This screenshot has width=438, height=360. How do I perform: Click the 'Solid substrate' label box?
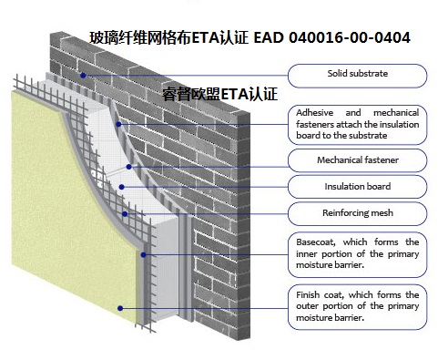click(358, 73)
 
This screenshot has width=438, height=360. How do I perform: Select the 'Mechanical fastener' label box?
click(358, 160)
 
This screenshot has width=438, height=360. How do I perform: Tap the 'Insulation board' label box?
click(358, 186)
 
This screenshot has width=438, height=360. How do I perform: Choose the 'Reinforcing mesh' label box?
click(358, 213)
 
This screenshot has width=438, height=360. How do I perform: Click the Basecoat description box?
click(358, 253)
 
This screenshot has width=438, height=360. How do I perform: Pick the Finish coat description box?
click(358, 306)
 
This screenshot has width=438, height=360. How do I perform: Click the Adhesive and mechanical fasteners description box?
click(358, 123)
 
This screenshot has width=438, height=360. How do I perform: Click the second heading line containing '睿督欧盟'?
click(219, 93)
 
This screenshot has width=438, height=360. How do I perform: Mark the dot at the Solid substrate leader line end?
click(82, 75)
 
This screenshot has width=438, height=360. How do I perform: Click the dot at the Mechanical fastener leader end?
click(129, 167)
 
